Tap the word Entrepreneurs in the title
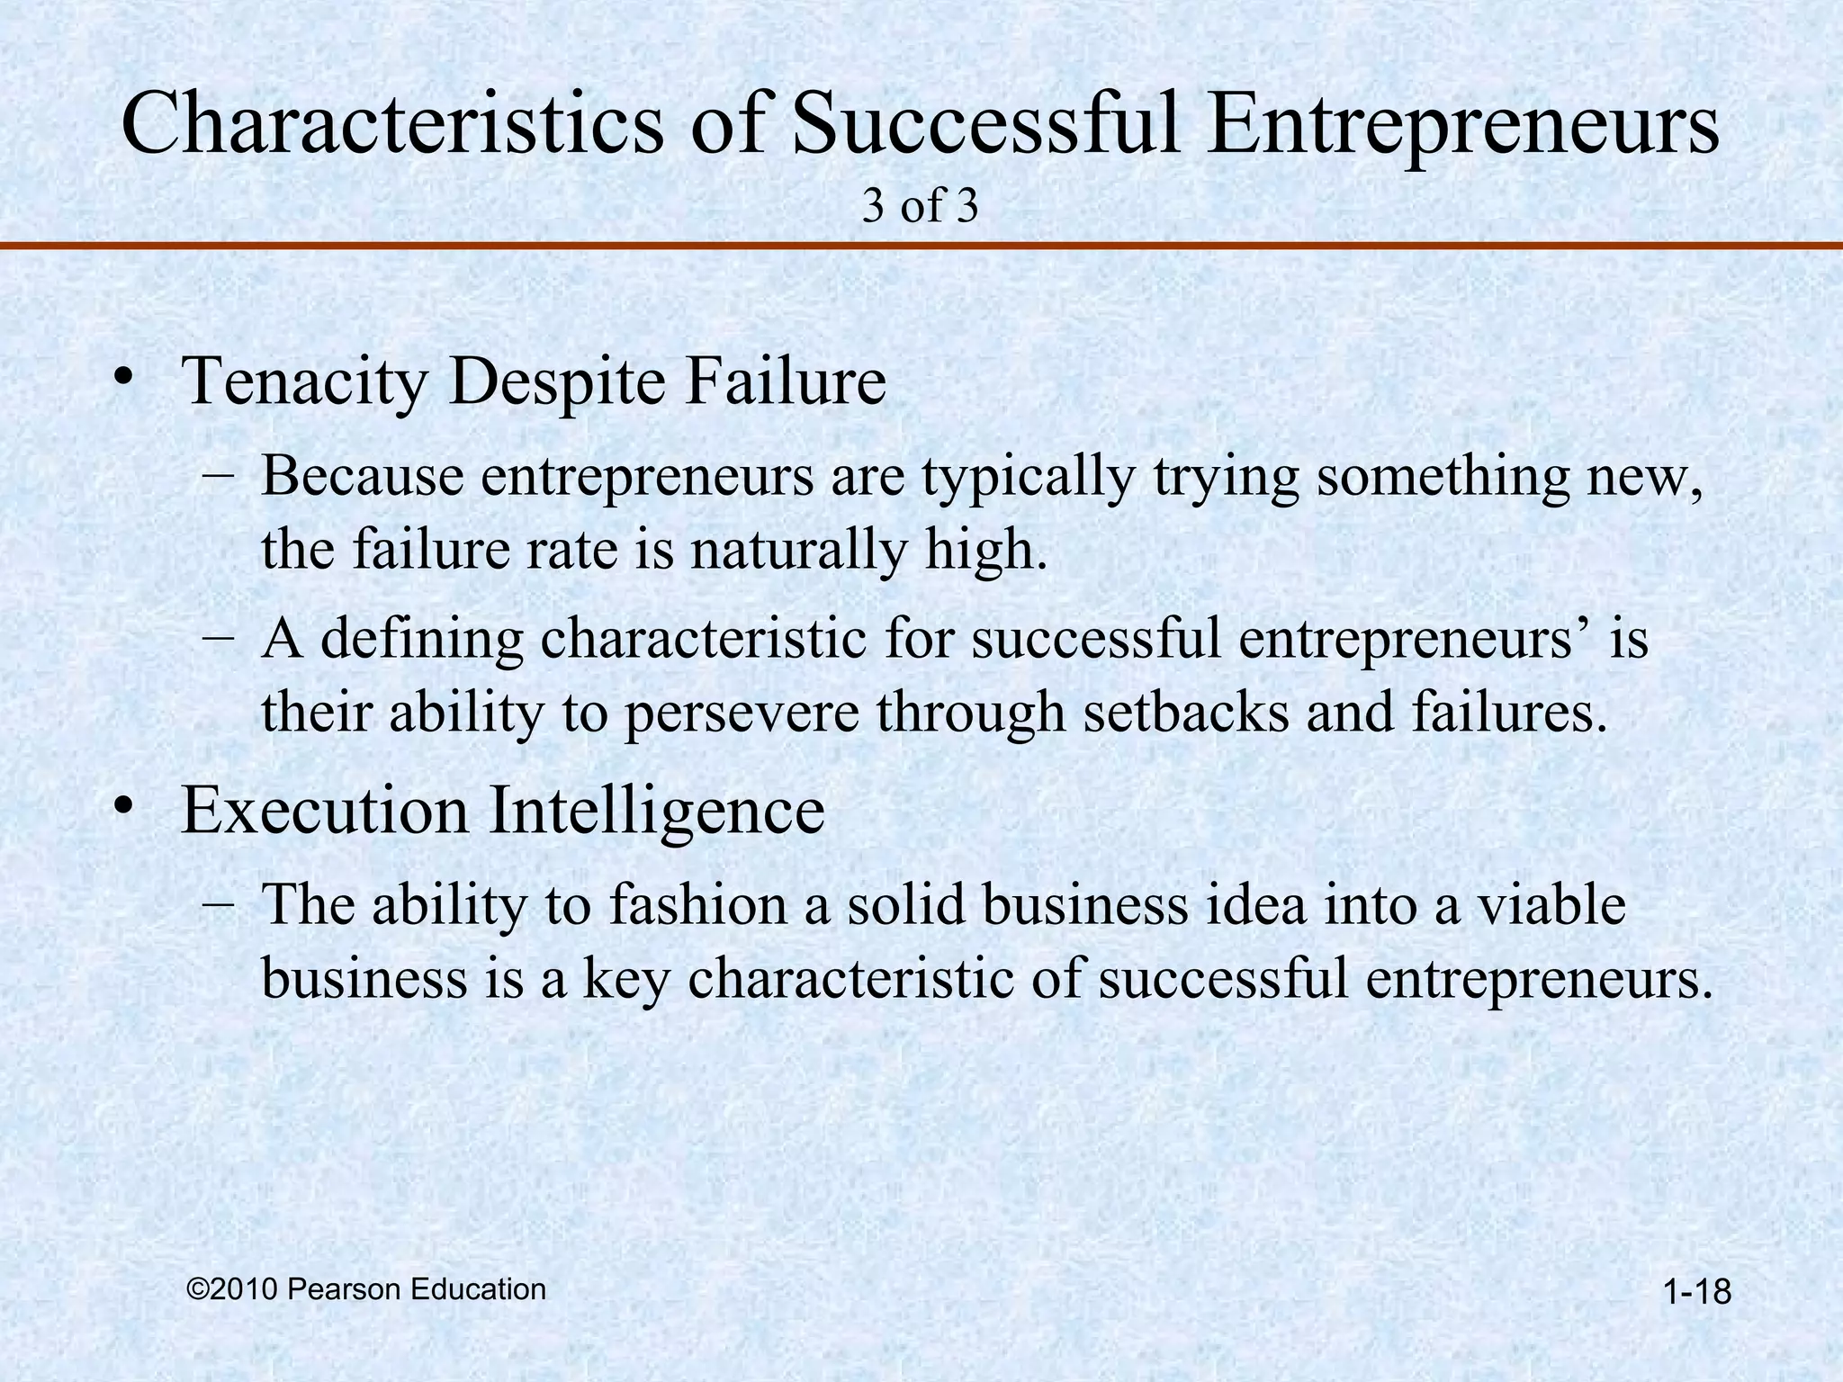pos(1462,126)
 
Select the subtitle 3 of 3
pos(920,207)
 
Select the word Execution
pos(325,811)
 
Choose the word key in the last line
pos(626,980)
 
